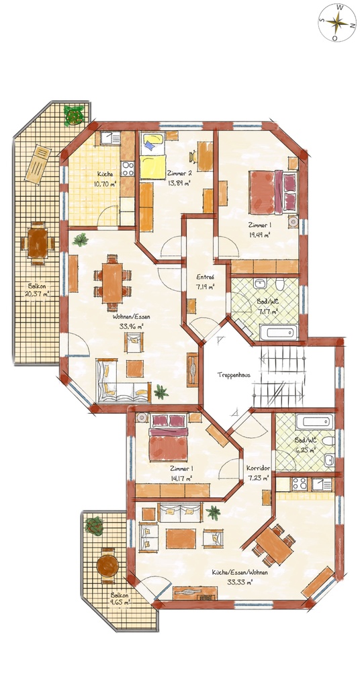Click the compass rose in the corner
click(337, 22)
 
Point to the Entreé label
click(205, 277)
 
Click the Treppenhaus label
click(234, 375)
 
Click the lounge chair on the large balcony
click(38, 164)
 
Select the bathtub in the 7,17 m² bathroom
click(279, 332)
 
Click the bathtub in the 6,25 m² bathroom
click(314, 422)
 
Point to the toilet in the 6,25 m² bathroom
click(328, 441)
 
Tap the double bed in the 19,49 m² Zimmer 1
click(273, 192)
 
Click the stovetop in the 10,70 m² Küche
click(128, 169)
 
